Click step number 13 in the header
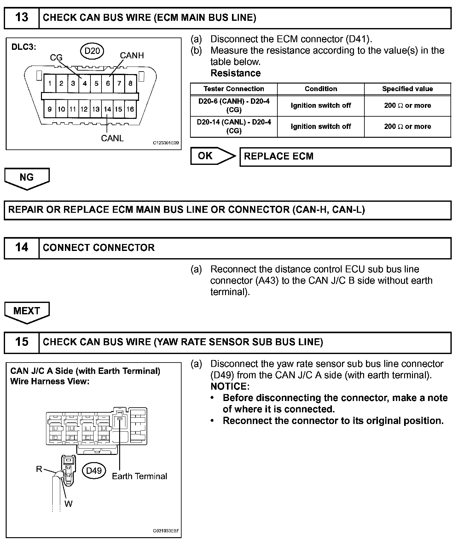21,17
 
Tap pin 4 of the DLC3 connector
84,84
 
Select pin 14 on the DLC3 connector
107,109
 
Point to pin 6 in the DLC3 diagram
108,84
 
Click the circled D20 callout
92,50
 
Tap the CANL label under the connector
112,138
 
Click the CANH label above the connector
132,55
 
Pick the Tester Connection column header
234,89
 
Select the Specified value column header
407,89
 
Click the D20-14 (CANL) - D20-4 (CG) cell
234,126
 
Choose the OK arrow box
212,156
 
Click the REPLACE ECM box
345,157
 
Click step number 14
21,247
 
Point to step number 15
21,342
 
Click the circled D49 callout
94,471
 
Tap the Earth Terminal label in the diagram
139,476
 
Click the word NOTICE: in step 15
230,386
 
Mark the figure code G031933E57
165,531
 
